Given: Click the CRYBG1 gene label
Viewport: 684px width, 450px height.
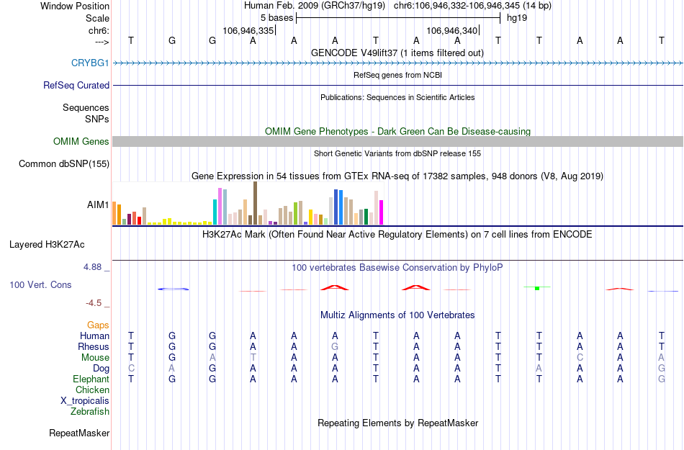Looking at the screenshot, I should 90,63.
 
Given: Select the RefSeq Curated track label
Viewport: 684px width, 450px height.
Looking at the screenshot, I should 76,85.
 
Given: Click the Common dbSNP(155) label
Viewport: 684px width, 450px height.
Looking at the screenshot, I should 63,164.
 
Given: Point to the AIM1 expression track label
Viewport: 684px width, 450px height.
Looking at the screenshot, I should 98,205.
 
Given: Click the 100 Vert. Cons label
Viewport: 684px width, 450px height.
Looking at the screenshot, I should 40,285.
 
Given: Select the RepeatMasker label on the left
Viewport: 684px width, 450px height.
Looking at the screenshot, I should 79,433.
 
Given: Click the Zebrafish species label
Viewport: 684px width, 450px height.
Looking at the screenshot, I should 90,412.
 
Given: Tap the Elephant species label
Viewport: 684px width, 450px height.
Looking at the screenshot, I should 91,379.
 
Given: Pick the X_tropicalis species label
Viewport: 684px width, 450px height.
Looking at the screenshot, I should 85,401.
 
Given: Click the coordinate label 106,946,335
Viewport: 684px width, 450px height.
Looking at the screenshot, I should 248,31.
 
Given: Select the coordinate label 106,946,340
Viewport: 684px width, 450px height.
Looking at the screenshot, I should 452,31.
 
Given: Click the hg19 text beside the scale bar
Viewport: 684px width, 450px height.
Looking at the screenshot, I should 517,18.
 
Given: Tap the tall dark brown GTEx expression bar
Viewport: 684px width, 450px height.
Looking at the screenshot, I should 255,203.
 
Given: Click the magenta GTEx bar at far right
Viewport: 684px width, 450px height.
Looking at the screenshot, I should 382,212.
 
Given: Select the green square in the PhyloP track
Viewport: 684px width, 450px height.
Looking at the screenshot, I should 537,288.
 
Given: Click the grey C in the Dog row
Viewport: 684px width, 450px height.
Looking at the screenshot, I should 131,369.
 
